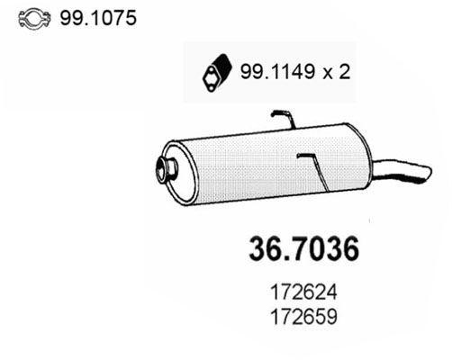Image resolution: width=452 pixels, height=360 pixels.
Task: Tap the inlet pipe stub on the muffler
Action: tap(166, 166)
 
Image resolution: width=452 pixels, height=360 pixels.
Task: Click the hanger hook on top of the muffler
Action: tap(284, 117)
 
